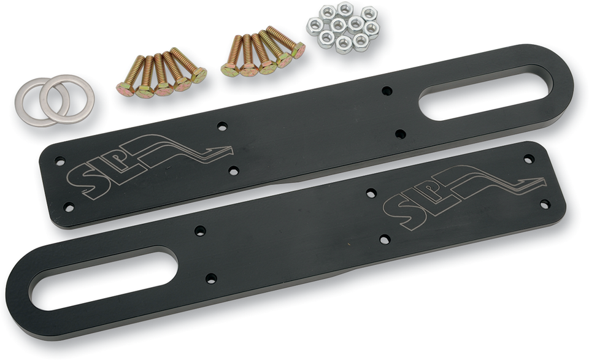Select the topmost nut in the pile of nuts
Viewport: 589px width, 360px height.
345,9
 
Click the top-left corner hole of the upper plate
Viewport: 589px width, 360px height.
60,161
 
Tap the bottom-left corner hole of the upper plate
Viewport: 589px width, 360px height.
69,207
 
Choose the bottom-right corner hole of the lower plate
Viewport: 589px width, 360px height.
544,204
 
